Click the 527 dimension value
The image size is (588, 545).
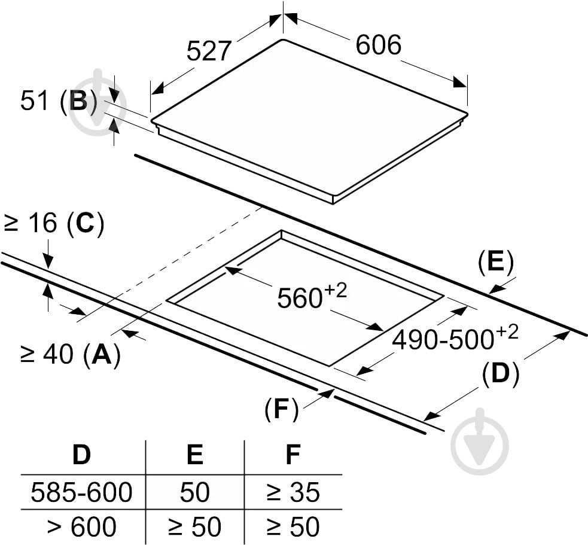[x=209, y=51]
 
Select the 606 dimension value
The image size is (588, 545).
[x=378, y=45]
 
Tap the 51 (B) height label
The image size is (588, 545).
[x=59, y=101]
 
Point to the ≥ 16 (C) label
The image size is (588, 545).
[x=53, y=224]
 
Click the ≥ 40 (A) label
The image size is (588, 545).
[x=71, y=354]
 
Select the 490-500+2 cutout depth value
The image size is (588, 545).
[x=455, y=337]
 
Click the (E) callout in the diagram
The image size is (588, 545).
[x=496, y=261]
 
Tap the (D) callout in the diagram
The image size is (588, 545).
[x=501, y=373]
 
